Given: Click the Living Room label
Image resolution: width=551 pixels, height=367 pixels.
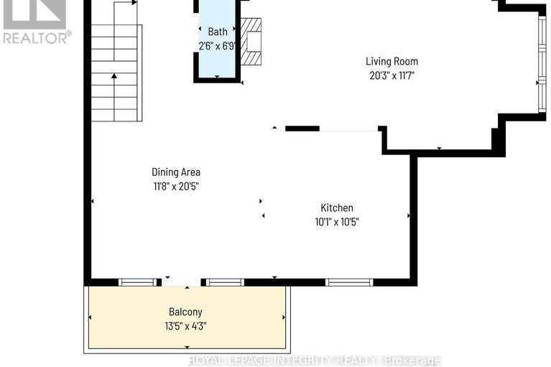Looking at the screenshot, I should pos(392,62).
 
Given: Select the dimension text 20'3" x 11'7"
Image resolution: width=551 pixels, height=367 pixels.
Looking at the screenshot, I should pos(392,75).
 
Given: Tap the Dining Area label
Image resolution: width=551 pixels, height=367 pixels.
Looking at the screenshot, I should pos(175,172).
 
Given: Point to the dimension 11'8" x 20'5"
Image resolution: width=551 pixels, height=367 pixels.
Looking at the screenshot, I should pos(175,185).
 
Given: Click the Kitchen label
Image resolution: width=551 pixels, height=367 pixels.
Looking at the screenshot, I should pos(337,208).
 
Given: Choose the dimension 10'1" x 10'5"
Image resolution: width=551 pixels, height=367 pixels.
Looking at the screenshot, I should pos(337,222).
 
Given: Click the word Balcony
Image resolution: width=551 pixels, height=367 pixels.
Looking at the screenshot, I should pos(185,312).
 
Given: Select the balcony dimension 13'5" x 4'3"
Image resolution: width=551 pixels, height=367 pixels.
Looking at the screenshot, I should pos(185,325).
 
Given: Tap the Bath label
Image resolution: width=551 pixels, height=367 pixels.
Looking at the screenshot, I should pos(217,32).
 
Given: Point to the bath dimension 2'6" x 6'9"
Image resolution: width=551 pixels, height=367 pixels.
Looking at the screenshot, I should pos(217,46).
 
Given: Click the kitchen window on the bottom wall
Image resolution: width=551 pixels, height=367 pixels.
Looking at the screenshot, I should pos(349,282).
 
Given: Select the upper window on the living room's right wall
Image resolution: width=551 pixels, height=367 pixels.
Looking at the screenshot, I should pos(540,43).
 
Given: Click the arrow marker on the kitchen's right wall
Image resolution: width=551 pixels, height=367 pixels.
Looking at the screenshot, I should pos(409,215).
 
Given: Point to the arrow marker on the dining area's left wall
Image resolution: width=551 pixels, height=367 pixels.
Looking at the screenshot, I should pos(92,202).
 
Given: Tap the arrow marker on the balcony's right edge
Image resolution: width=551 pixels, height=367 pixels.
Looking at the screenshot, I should pos(284,317).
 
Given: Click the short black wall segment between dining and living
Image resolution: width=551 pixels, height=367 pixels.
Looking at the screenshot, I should pos(302,129).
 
